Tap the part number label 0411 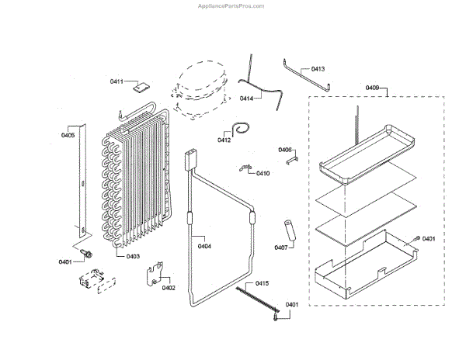coord(116,81)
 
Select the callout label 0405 coord(68,136)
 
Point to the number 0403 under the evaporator coord(133,255)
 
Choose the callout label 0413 coord(318,69)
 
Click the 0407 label coord(281,248)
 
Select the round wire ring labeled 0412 coord(244,128)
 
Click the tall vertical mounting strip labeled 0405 coord(81,178)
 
